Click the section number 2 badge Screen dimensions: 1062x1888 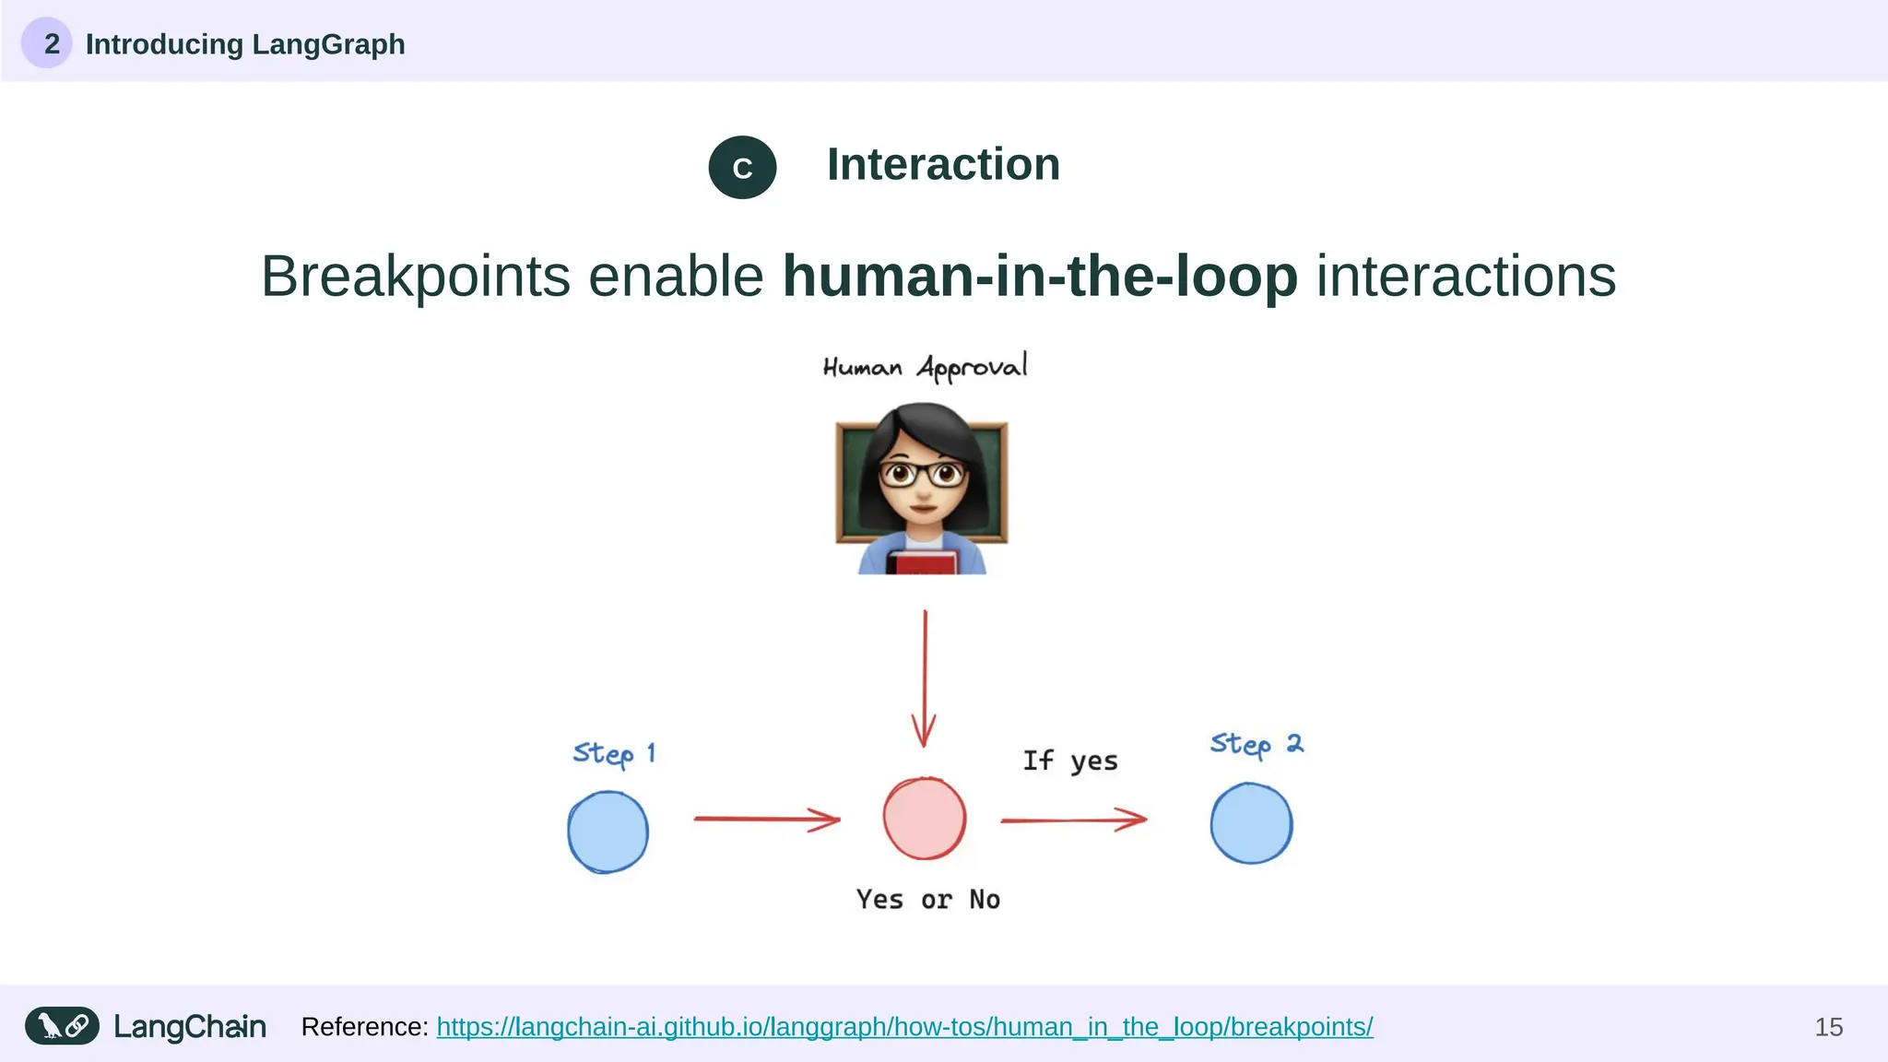47,43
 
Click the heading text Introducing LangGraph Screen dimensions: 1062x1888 245,44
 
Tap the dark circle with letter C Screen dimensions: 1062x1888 742,168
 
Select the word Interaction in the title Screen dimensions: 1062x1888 943,165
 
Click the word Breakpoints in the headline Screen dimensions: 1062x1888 416,276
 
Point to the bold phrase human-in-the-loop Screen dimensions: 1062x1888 1040,276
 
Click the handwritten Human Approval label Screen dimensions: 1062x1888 925,367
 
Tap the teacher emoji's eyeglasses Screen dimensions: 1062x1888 922,475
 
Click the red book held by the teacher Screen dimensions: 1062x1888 923,561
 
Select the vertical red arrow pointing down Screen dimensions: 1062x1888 925,678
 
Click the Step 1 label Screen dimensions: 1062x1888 614,753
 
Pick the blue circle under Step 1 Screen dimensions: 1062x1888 608,832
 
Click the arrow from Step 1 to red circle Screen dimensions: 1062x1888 766,819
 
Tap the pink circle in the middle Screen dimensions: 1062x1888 925,819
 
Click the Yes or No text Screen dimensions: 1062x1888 927,900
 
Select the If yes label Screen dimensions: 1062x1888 1069,761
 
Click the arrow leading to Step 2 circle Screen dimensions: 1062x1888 1073,819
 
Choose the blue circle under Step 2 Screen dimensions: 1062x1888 1251,823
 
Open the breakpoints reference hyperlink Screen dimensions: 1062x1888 904,1027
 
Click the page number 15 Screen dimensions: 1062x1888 1828,1027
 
